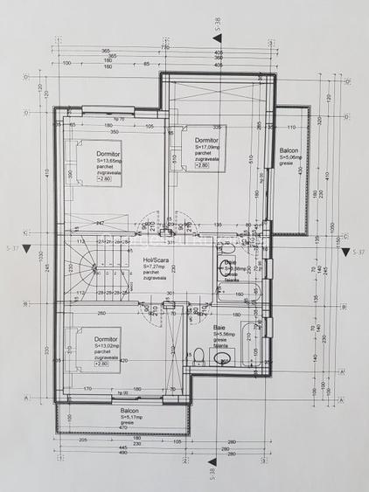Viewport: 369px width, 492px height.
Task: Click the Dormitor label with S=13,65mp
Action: tap(108, 154)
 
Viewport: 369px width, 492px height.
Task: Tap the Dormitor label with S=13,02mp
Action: tap(108, 338)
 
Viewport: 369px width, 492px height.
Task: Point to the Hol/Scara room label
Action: tap(155, 260)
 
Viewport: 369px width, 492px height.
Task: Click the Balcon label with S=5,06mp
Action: tap(289, 150)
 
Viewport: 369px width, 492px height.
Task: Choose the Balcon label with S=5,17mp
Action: tap(129, 410)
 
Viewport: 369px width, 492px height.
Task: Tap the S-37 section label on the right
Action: tap(357, 252)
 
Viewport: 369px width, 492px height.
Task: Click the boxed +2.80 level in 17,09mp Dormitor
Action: tap(202, 165)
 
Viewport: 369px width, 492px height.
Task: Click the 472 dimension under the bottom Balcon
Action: tap(122, 428)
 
